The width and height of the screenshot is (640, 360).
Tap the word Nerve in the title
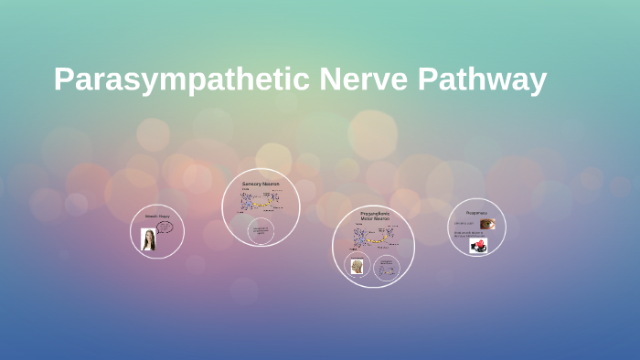point(364,80)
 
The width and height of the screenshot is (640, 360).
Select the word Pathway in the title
point(483,80)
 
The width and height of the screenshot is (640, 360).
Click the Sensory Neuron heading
point(261,184)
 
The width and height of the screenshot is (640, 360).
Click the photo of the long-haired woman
point(148,239)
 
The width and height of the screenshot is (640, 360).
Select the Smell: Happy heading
point(157,217)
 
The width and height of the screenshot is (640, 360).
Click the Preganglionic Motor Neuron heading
point(375,217)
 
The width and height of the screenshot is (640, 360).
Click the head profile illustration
point(357,266)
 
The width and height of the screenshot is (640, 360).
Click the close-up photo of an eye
point(487,224)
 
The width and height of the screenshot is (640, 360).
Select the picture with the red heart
point(478,245)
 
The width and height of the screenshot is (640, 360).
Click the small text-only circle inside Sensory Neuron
point(260,231)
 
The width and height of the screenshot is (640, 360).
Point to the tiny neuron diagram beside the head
point(388,266)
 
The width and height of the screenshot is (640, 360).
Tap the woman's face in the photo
point(148,235)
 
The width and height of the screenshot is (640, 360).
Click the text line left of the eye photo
point(464,224)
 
